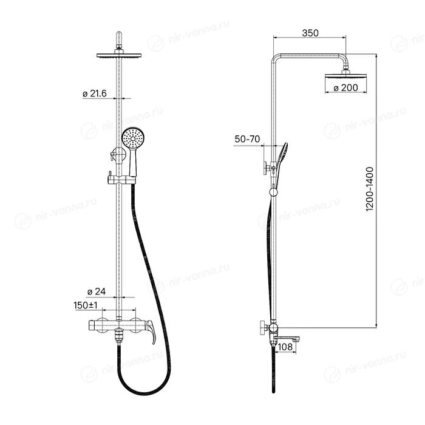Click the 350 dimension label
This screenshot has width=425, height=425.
coord(310,33)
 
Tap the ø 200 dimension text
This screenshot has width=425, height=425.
coord(345,88)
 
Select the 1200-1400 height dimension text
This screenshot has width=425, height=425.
coord(369,189)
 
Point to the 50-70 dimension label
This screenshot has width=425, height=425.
coord(247,139)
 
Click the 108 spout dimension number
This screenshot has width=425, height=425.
coord(285,347)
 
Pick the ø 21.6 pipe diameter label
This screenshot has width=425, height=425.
coord(95,93)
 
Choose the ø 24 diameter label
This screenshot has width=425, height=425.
coord(97,291)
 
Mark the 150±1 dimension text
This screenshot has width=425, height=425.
coord(86,305)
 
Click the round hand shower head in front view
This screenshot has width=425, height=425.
coord(131,138)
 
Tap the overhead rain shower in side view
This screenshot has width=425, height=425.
coord(345,75)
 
